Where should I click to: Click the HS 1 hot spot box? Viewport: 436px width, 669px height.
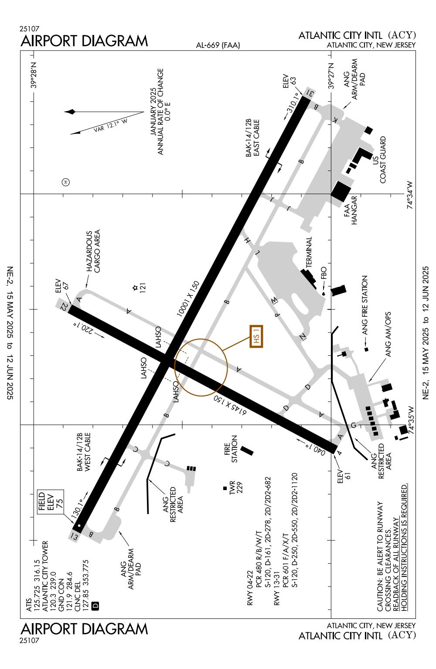click(257, 336)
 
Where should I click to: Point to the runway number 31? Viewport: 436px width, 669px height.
click(309, 93)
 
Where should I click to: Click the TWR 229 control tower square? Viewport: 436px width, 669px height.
click(225, 488)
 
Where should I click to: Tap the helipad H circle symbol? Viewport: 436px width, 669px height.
click(66, 182)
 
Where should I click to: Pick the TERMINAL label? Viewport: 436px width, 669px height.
click(309, 253)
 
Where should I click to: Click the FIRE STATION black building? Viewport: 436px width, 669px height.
click(246, 450)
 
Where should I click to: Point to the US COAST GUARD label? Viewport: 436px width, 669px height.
click(378, 160)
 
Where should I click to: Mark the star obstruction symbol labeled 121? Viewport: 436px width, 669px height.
click(135, 288)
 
